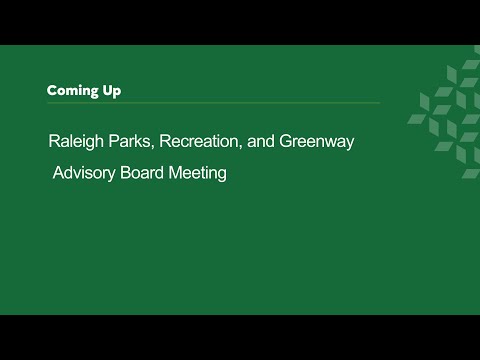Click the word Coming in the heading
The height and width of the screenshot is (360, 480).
(x=72, y=91)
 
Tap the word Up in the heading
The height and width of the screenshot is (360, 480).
(x=112, y=91)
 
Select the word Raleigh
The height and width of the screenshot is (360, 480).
(x=76, y=142)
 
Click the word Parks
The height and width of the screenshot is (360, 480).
(x=130, y=141)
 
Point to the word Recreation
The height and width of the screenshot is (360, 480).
(x=199, y=141)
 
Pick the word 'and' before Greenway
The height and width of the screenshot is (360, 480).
(x=260, y=141)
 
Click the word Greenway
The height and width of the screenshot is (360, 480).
(x=316, y=142)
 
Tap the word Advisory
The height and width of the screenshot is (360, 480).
(x=84, y=173)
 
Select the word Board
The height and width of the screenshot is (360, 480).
(x=142, y=173)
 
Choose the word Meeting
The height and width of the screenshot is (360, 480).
(x=197, y=173)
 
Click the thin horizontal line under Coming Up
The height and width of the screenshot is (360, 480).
(x=213, y=103)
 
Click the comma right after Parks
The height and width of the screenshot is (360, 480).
(x=153, y=147)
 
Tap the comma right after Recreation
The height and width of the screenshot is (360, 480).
(x=240, y=147)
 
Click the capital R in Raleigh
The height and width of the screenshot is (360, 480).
(x=54, y=141)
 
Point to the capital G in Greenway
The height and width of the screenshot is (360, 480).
(x=286, y=141)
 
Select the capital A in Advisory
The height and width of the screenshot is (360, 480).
(x=59, y=173)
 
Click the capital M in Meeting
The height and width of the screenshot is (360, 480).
(x=175, y=173)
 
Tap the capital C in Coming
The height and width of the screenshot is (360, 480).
(x=52, y=90)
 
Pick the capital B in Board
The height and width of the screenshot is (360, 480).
(x=125, y=173)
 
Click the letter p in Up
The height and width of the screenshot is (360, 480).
(x=117, y=93)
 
